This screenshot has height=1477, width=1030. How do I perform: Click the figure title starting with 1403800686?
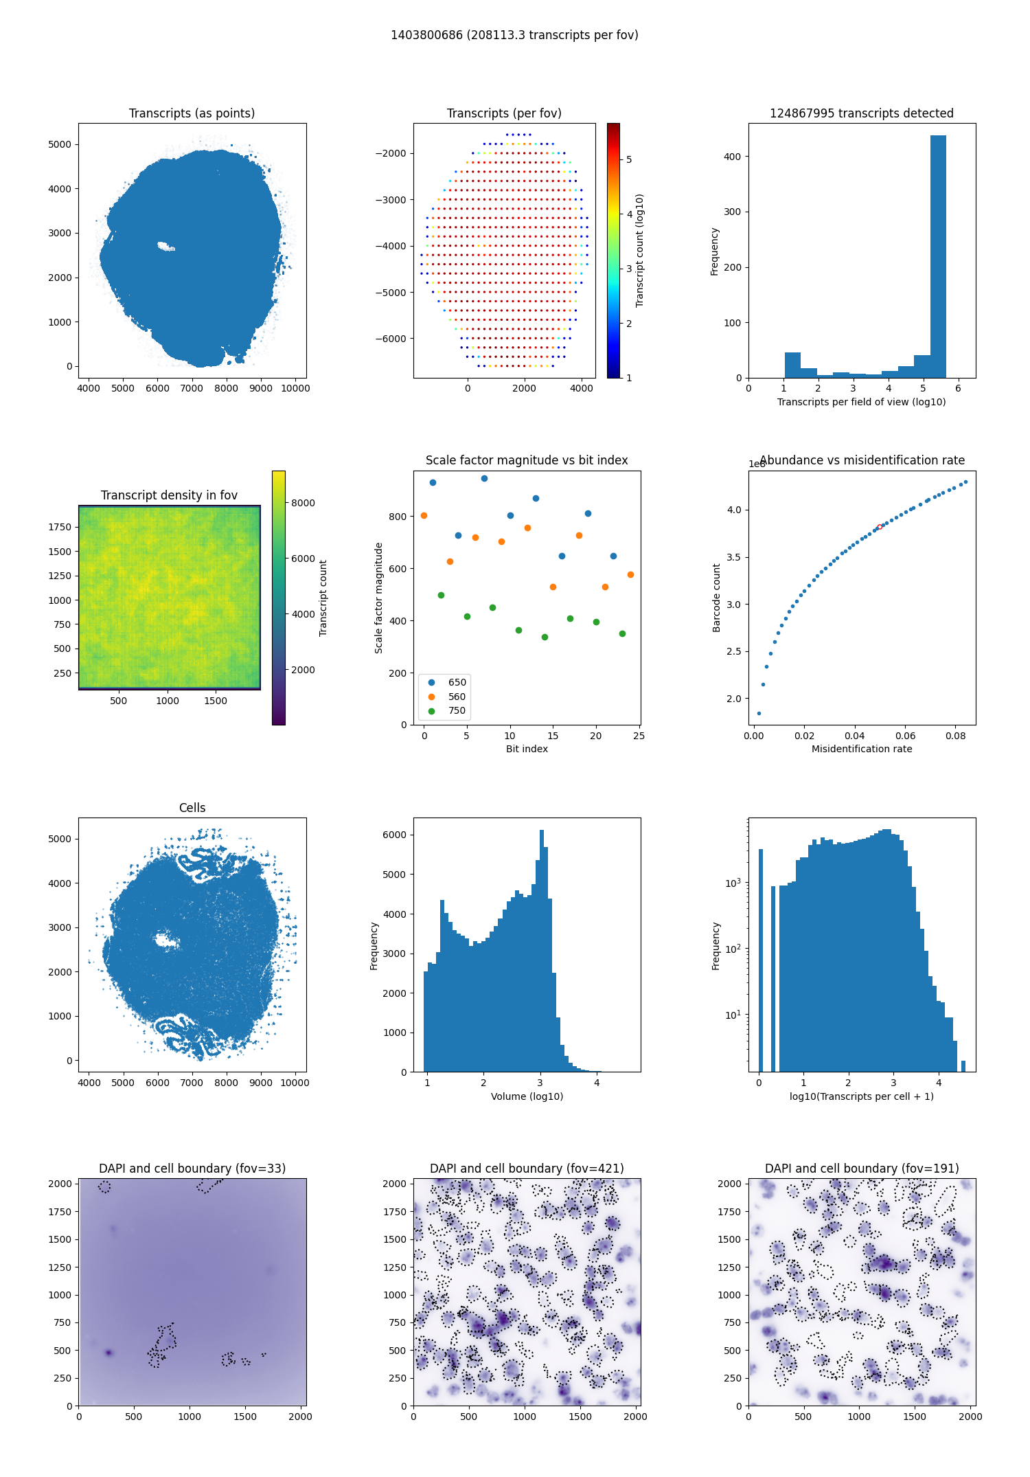tap(514, 35)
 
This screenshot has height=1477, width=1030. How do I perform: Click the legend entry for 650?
tap(457, 682)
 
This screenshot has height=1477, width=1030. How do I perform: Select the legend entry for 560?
tap(457, 697)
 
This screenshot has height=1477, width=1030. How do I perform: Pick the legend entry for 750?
tap(457, 711)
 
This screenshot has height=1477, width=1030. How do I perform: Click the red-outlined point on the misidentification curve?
tap(880, 527)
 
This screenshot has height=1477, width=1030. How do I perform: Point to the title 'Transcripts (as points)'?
tap(192, 113)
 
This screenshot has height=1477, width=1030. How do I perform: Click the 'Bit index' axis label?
tap(527, 749)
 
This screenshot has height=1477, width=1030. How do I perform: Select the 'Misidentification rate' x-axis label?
tap(862, 749)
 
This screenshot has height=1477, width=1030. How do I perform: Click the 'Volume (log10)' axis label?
tap(527, 1096)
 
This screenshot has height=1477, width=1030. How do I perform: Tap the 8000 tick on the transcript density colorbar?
tap(303, 503)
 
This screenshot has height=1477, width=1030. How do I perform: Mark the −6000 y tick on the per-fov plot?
tap(389, 339)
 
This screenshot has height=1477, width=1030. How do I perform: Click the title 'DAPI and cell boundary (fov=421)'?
tap(527, 1169)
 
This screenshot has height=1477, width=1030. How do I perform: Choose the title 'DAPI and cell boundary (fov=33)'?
tap(192, 1169)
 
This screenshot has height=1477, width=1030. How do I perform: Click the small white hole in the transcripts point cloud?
tap(165, 246)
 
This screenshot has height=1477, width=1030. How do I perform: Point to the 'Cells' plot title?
tap(192, 808)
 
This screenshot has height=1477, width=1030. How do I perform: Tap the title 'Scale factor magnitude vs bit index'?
tap(527, 460)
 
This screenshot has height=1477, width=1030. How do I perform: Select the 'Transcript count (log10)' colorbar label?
tap(639, 250)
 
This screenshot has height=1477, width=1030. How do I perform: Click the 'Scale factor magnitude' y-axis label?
tap(378, 598)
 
